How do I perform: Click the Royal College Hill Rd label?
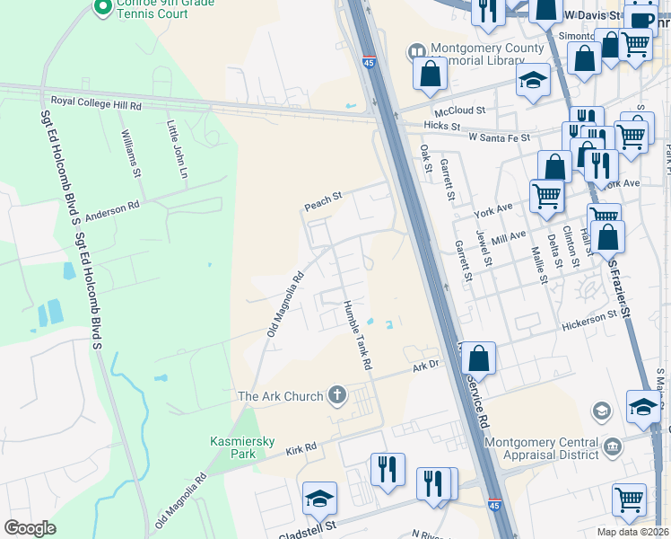(97, 105)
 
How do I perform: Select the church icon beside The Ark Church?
(337, 395)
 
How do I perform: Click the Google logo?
(30, 527)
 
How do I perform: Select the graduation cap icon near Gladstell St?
(320, 499)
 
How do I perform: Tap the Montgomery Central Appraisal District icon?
(613, 446)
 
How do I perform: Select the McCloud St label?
(459, 110)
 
